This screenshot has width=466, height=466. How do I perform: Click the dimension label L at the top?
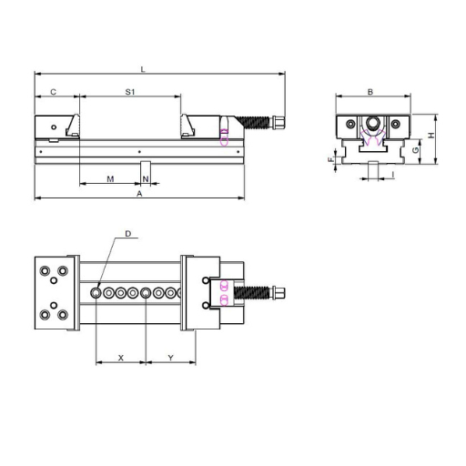tap(144, 67)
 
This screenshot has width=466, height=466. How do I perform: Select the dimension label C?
tap(54, 92)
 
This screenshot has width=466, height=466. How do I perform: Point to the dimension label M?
tap(110, 178)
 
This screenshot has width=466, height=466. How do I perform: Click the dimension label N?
tap(145, 178)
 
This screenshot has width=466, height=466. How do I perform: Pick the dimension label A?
tap(138, 194)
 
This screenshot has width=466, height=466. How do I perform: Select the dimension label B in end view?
tap(370, 92)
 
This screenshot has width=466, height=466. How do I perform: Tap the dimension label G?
tap(415, 148)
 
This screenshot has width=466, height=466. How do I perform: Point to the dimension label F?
tap(331, 159)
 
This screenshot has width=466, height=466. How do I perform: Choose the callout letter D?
tap(127, 234)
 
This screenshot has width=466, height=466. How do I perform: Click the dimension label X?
tap(120, 357)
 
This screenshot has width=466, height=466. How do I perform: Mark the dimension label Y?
tap(171, 357)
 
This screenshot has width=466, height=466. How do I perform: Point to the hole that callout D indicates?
tap(96, 292)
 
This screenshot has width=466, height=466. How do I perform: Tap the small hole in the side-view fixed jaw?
tap(55, 127)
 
